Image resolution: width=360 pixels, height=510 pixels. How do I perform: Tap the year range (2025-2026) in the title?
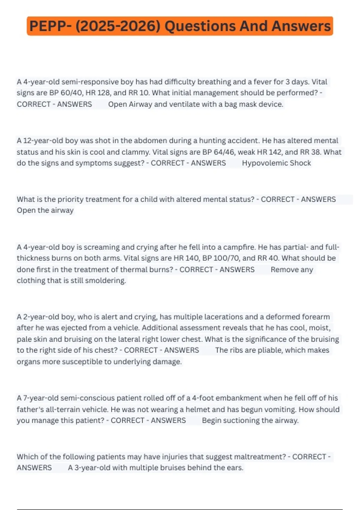tap(118, 26)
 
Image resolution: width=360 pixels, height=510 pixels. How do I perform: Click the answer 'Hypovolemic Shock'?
tap(276, 163)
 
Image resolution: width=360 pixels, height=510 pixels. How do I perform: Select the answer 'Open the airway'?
tap(45, 210)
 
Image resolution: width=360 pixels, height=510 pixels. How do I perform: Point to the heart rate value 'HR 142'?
tap(269, 152)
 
